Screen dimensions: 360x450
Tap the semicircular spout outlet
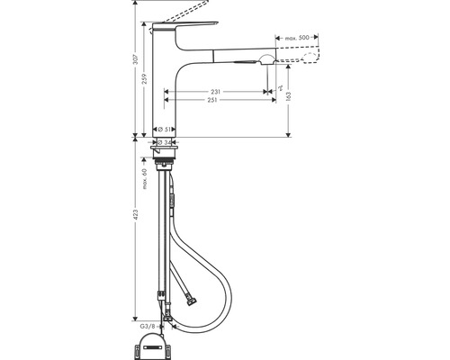tap(265, 59)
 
